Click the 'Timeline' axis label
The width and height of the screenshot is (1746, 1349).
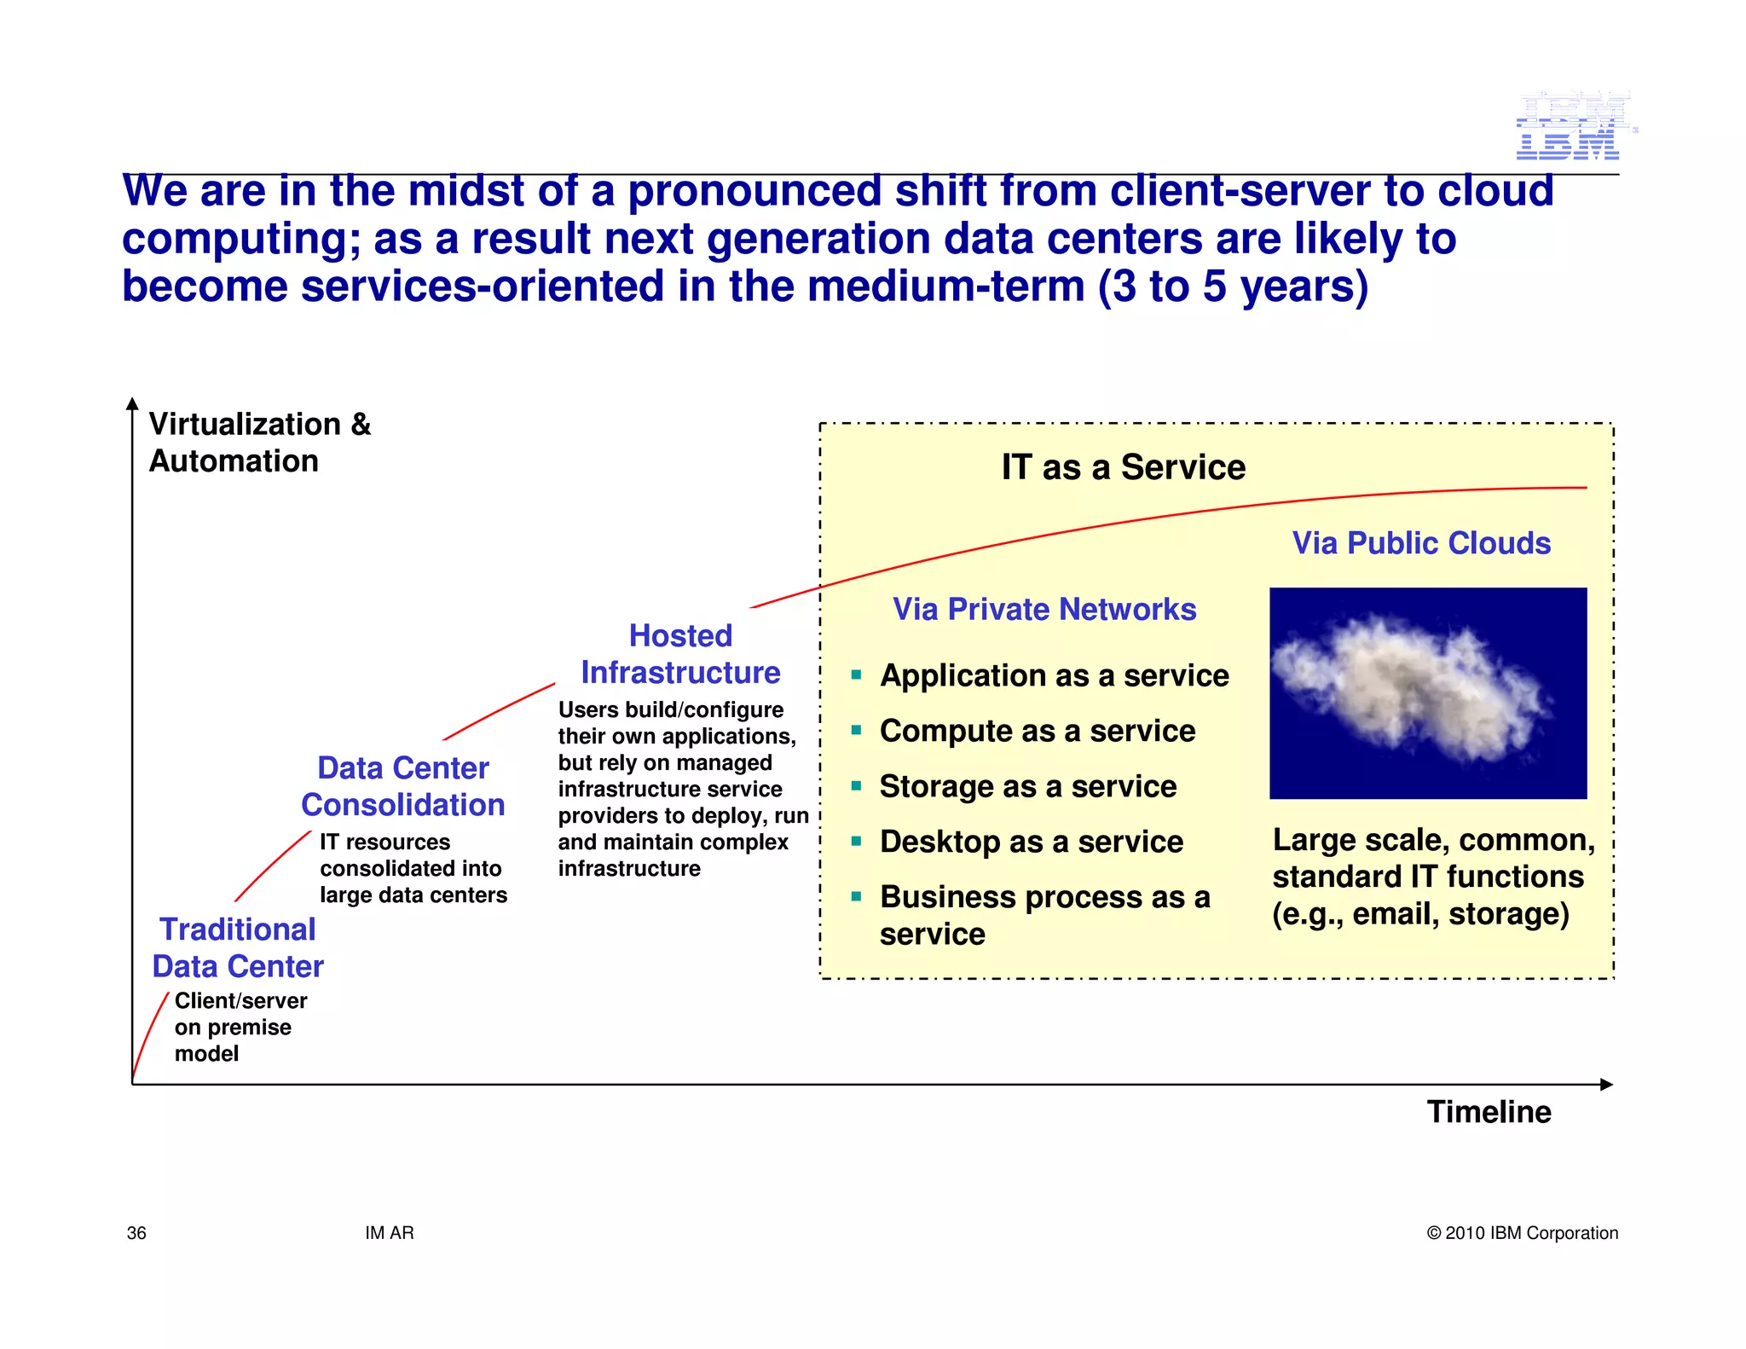[1489, 1112]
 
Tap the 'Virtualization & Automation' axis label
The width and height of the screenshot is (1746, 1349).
[259, 442]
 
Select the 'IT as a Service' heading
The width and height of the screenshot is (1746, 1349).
[1123, 467]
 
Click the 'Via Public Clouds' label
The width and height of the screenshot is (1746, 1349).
[1421, 543]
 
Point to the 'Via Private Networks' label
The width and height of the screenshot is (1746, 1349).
[1044, 610]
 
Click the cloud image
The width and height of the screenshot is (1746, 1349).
[1428, 692]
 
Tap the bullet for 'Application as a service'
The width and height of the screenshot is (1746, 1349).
[857, 675]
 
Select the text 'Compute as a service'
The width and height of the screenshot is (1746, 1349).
[1038, 731]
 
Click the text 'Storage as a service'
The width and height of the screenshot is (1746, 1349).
[1028, 786]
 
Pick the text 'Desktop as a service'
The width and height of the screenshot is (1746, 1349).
[1032, 842]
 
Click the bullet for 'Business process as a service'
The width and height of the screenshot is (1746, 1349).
[857, 897]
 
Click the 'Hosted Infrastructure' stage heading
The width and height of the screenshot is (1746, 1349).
[680, 654]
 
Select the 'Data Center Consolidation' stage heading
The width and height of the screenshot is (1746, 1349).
[403, 786]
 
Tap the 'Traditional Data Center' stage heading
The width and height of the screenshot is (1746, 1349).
[238, 947]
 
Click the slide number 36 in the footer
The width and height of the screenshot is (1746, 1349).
[136, 1233]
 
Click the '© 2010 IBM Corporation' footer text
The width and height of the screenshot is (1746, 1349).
[1522, 1233]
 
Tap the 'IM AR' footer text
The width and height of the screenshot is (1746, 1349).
[389, 1233]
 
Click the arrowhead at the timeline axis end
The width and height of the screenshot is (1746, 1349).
[1606, 1085]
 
